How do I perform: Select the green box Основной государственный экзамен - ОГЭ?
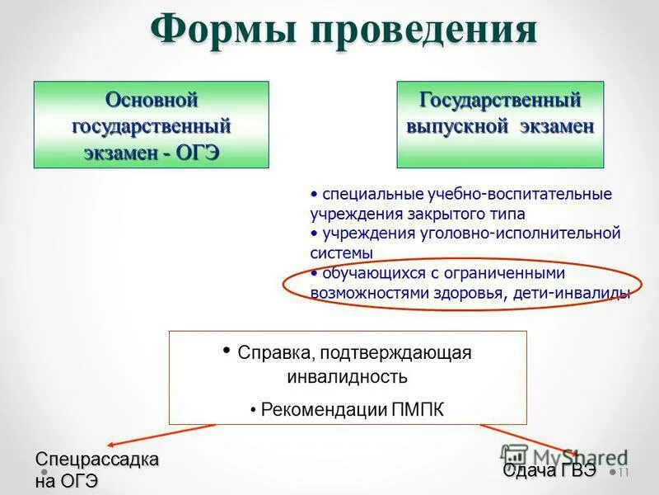point(151,125)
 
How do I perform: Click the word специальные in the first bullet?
point(373,195)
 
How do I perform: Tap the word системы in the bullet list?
point(341,253)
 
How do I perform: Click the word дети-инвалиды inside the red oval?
point(580,293)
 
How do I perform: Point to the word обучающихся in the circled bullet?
point(371,273)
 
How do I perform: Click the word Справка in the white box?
point(273,352)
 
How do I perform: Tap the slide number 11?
point(623,473)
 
